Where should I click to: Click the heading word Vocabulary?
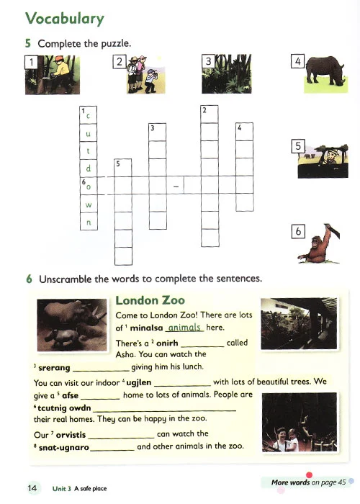[65, 18]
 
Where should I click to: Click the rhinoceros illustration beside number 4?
[325, 71]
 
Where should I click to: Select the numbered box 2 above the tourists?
[120, 62]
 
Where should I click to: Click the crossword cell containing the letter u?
[89, 133]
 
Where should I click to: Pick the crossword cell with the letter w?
[89, 204]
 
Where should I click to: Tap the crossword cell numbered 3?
[158, 132]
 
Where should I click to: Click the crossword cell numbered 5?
[123, 168]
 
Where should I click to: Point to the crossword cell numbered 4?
[244, 132]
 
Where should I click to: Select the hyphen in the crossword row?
[176, 186]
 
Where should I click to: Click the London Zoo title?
[150, 300]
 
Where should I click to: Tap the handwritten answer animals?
[184, 327]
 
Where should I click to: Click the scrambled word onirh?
[167, 343]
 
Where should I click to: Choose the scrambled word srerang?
[54, 368]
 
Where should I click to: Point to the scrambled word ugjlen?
[138, 382]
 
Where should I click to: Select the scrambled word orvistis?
[71, 435]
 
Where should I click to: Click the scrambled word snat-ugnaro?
[63, 447]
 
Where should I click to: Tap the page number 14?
[32, 488]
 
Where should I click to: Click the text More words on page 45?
[309, 482]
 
